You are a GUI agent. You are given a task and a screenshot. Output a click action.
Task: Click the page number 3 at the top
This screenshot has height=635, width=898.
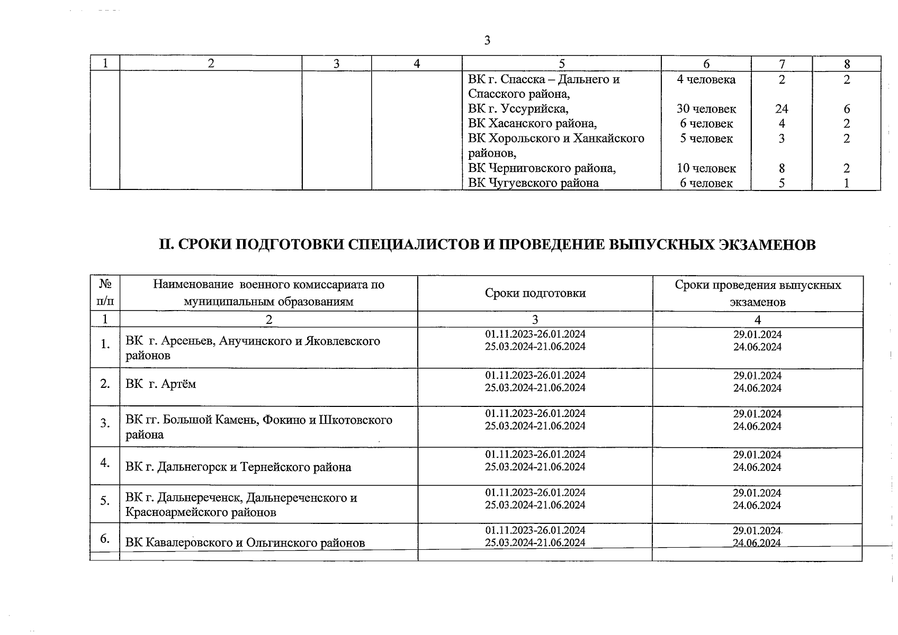[x=487, y=40]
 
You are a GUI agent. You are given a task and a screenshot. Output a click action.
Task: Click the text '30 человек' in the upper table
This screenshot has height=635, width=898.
[x=706, y=109]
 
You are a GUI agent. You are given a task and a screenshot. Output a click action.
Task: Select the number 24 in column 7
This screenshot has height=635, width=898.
[x=782, y=109]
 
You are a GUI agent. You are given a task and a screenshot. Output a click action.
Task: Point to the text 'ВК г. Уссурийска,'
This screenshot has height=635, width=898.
[x=518, y=109]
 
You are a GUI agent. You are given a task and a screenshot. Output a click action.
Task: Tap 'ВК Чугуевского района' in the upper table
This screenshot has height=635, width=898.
[x=533, y=183]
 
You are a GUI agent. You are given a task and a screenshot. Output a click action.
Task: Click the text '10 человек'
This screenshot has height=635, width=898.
[x=706, y=168]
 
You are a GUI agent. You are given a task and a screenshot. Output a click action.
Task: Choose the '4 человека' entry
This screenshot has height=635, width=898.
[x=706, y=80]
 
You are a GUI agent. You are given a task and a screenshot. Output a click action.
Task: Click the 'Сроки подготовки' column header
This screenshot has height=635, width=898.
[x=535, y=293]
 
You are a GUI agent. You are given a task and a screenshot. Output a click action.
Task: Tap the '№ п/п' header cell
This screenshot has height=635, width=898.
[x=105, y=293]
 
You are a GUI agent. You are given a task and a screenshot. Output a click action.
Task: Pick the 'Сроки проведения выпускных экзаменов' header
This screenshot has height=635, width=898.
[x=757, y=293]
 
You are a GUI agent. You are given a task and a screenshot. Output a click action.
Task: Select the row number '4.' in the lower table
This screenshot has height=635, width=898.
[x=105, y=462]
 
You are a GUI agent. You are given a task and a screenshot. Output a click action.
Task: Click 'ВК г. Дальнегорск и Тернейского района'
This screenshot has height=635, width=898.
[x=238, y=467]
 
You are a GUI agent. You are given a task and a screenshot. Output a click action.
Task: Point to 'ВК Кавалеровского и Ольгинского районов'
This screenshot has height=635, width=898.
[x=245, y=543]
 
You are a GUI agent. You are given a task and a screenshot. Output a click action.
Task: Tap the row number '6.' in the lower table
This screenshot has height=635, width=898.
[x=105, y=539]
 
